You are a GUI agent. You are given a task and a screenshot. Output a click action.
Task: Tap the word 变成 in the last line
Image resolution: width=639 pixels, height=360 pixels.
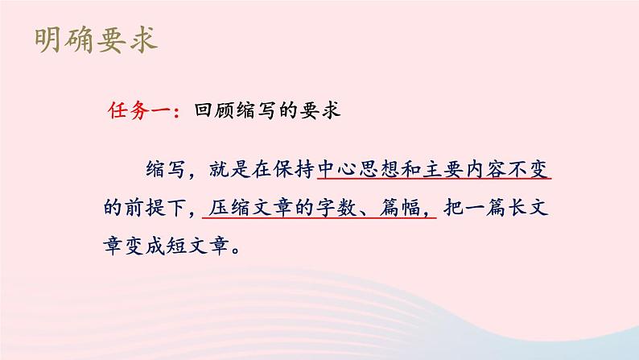point(158,245)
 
